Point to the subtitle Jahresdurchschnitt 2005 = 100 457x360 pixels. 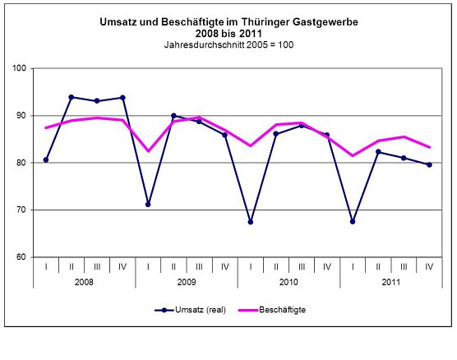pos(228,44)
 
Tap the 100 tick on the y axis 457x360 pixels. pos(21,67)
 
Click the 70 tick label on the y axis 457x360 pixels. pos(23,210)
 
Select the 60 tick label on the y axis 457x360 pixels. pos(23,257)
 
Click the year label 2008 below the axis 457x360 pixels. pos(84,281)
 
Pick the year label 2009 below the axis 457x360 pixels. pos(186,281)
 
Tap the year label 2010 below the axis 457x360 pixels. pos(288,281)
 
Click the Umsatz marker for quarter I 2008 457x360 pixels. pos(46,159)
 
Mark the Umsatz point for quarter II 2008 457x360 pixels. pos(72,97)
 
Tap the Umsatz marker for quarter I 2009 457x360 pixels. pos(148,204)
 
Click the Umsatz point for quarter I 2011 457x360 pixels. pos(352,221)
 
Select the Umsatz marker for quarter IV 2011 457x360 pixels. pos(428,164)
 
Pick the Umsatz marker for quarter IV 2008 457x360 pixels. pos(122,97)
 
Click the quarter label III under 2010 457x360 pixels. pos(301,266)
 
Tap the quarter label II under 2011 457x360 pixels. pos(377,266)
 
